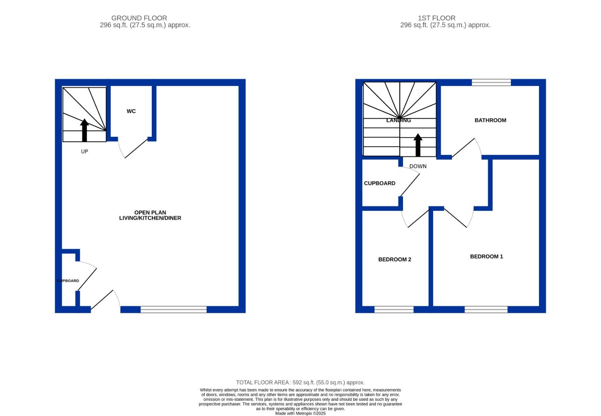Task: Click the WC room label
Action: [x=131, y=111]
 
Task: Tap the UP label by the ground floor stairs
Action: [x=84, y=151]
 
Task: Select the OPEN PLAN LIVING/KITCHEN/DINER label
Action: [x=150, y=215]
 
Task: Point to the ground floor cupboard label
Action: [x=68, y=281]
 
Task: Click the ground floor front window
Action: [x=173, y=309]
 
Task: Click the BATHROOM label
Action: [x=490, y=120]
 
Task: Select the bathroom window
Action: [x=491, y=82]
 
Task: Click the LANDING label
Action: [x=398, y=120]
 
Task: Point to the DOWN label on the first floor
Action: [x=418, y=166]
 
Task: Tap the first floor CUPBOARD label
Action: [x=379, y=183]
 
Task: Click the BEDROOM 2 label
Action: [x=395, y=260]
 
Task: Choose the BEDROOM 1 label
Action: [x=486, y=257]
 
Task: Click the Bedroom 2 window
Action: [x=394, y=309]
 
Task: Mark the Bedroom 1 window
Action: [x=486, y=309]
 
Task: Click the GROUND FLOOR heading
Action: [x=139, y=18]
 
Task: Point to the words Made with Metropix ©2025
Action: [x=300, y=413]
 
